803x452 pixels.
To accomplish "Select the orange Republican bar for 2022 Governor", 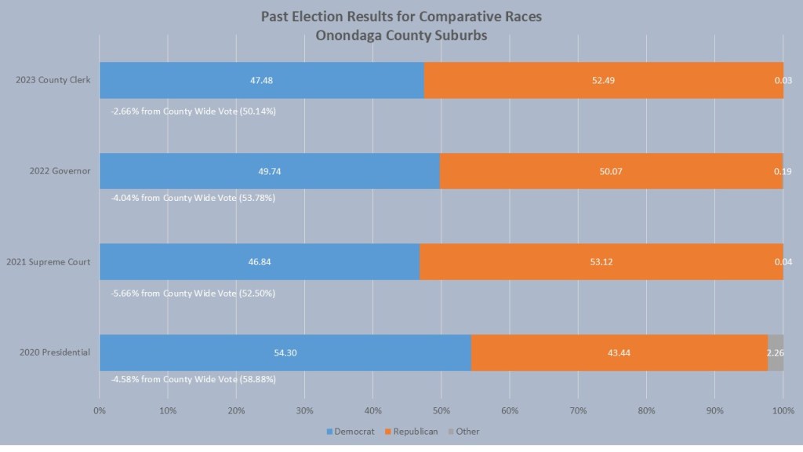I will [611, 171].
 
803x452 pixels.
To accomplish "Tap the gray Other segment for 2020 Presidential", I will [776, 352].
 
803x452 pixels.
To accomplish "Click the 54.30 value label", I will [285, 352].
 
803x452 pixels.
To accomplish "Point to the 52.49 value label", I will [603, 81].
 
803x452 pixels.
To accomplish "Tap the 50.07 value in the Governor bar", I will [611, 171].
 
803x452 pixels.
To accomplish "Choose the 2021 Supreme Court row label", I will [48, 262].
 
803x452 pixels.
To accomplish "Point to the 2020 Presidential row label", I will [55, 352].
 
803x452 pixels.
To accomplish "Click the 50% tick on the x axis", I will [441, 410].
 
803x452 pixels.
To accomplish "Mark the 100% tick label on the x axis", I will [783, 410].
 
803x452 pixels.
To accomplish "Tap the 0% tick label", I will [100, 410].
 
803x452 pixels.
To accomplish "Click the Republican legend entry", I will [413, 432].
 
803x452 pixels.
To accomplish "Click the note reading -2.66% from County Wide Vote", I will [194, 111].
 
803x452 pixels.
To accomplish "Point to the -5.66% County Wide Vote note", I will [194, 293].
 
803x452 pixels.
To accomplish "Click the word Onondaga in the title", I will [350, 35].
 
